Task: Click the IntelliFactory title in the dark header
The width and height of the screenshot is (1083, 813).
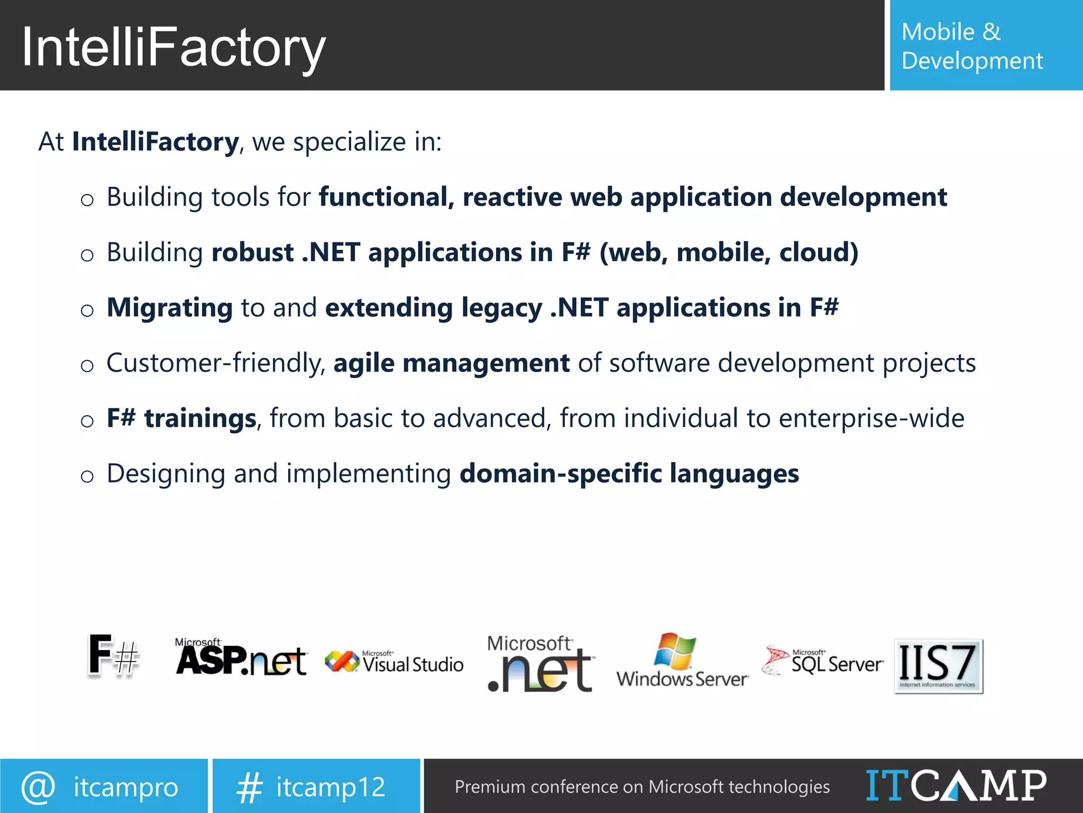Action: pos(173,48)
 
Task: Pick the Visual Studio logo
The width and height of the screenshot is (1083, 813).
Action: pos(394,662)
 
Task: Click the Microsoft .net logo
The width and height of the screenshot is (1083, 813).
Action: pos(540,664)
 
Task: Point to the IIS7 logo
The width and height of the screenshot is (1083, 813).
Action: pos(938,666)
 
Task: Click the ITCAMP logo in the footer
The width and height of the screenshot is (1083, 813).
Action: pos(956,785)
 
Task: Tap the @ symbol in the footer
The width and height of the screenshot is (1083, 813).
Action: pos(38,787)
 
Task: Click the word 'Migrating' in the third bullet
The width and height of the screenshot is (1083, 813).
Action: pos(170,308)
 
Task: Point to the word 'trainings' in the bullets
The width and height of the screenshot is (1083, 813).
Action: pos(200,418)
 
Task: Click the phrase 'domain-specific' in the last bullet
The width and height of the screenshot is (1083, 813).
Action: pos(561,473)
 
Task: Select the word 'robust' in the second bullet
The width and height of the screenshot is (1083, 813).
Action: pos(253,252)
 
